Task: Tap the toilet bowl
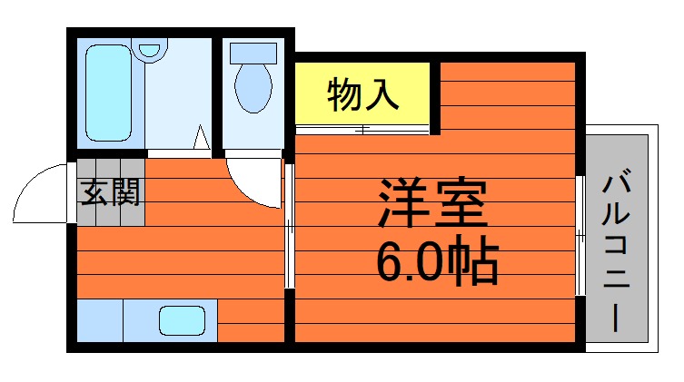pos(253,87)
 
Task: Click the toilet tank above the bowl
pos(253,52)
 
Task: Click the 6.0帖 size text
pos(437,262)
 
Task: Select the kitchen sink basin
pos(183,320)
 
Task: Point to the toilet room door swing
pos(254,181)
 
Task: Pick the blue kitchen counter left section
pos(100,319)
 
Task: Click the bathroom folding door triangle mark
pos(203,139)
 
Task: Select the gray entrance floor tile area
pos(110,192)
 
